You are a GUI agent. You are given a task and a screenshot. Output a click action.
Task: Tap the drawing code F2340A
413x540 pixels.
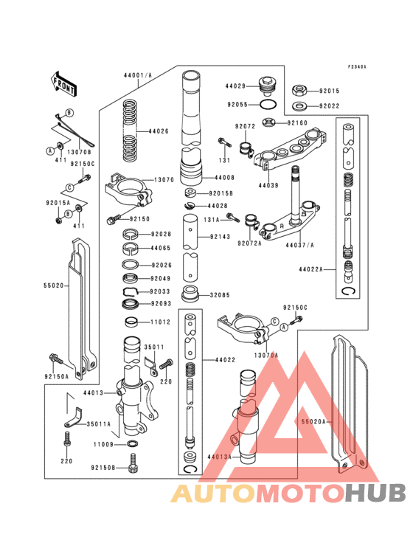358,67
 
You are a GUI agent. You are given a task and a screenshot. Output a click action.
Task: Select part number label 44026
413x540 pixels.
159,132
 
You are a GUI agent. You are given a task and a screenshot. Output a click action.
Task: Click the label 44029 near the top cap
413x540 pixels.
236,87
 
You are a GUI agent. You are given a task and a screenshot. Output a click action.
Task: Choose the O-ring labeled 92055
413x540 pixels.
270,105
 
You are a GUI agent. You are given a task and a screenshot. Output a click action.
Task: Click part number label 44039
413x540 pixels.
268,186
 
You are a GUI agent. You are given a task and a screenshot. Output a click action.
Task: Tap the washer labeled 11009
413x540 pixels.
132,445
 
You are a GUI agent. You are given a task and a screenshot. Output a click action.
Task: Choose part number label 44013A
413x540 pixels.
219,457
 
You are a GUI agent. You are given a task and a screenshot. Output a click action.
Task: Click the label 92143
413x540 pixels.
221,237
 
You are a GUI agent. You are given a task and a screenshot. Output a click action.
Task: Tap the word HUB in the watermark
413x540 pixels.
375,494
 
